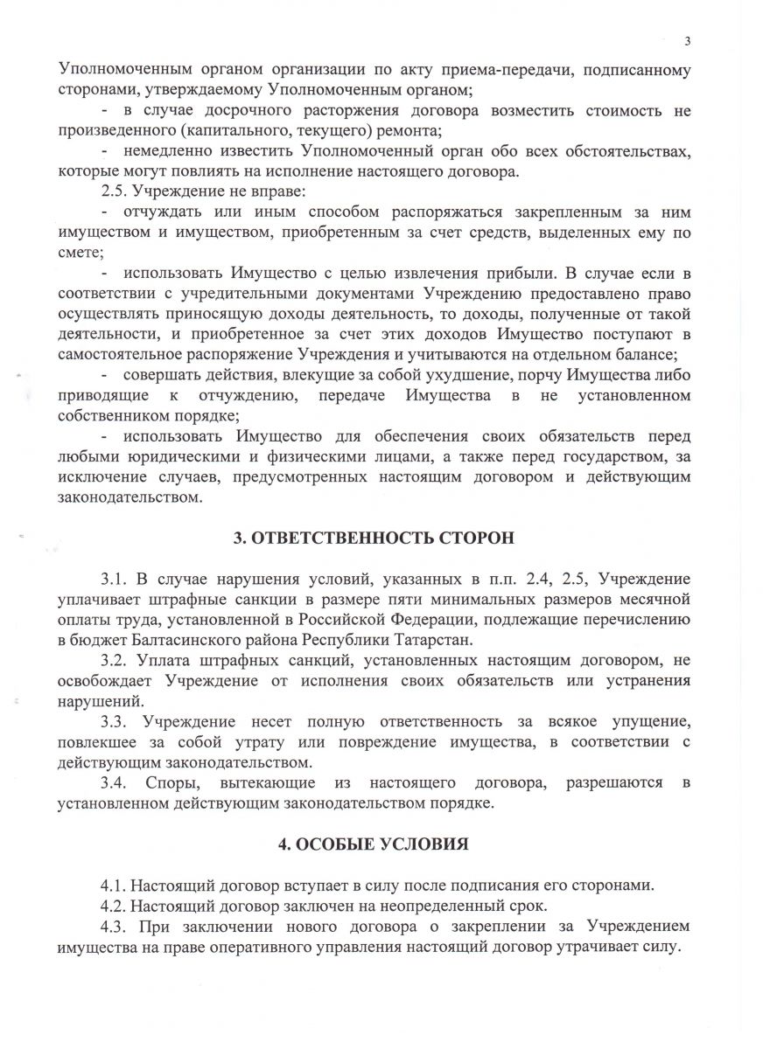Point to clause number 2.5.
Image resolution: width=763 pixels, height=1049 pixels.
115,191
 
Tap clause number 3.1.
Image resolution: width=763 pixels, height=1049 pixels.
115,580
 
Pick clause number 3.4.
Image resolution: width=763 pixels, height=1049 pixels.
115,783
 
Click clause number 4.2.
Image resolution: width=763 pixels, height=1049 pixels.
115,905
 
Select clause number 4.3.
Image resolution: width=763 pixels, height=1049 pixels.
115,926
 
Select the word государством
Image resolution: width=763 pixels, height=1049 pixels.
614,457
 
